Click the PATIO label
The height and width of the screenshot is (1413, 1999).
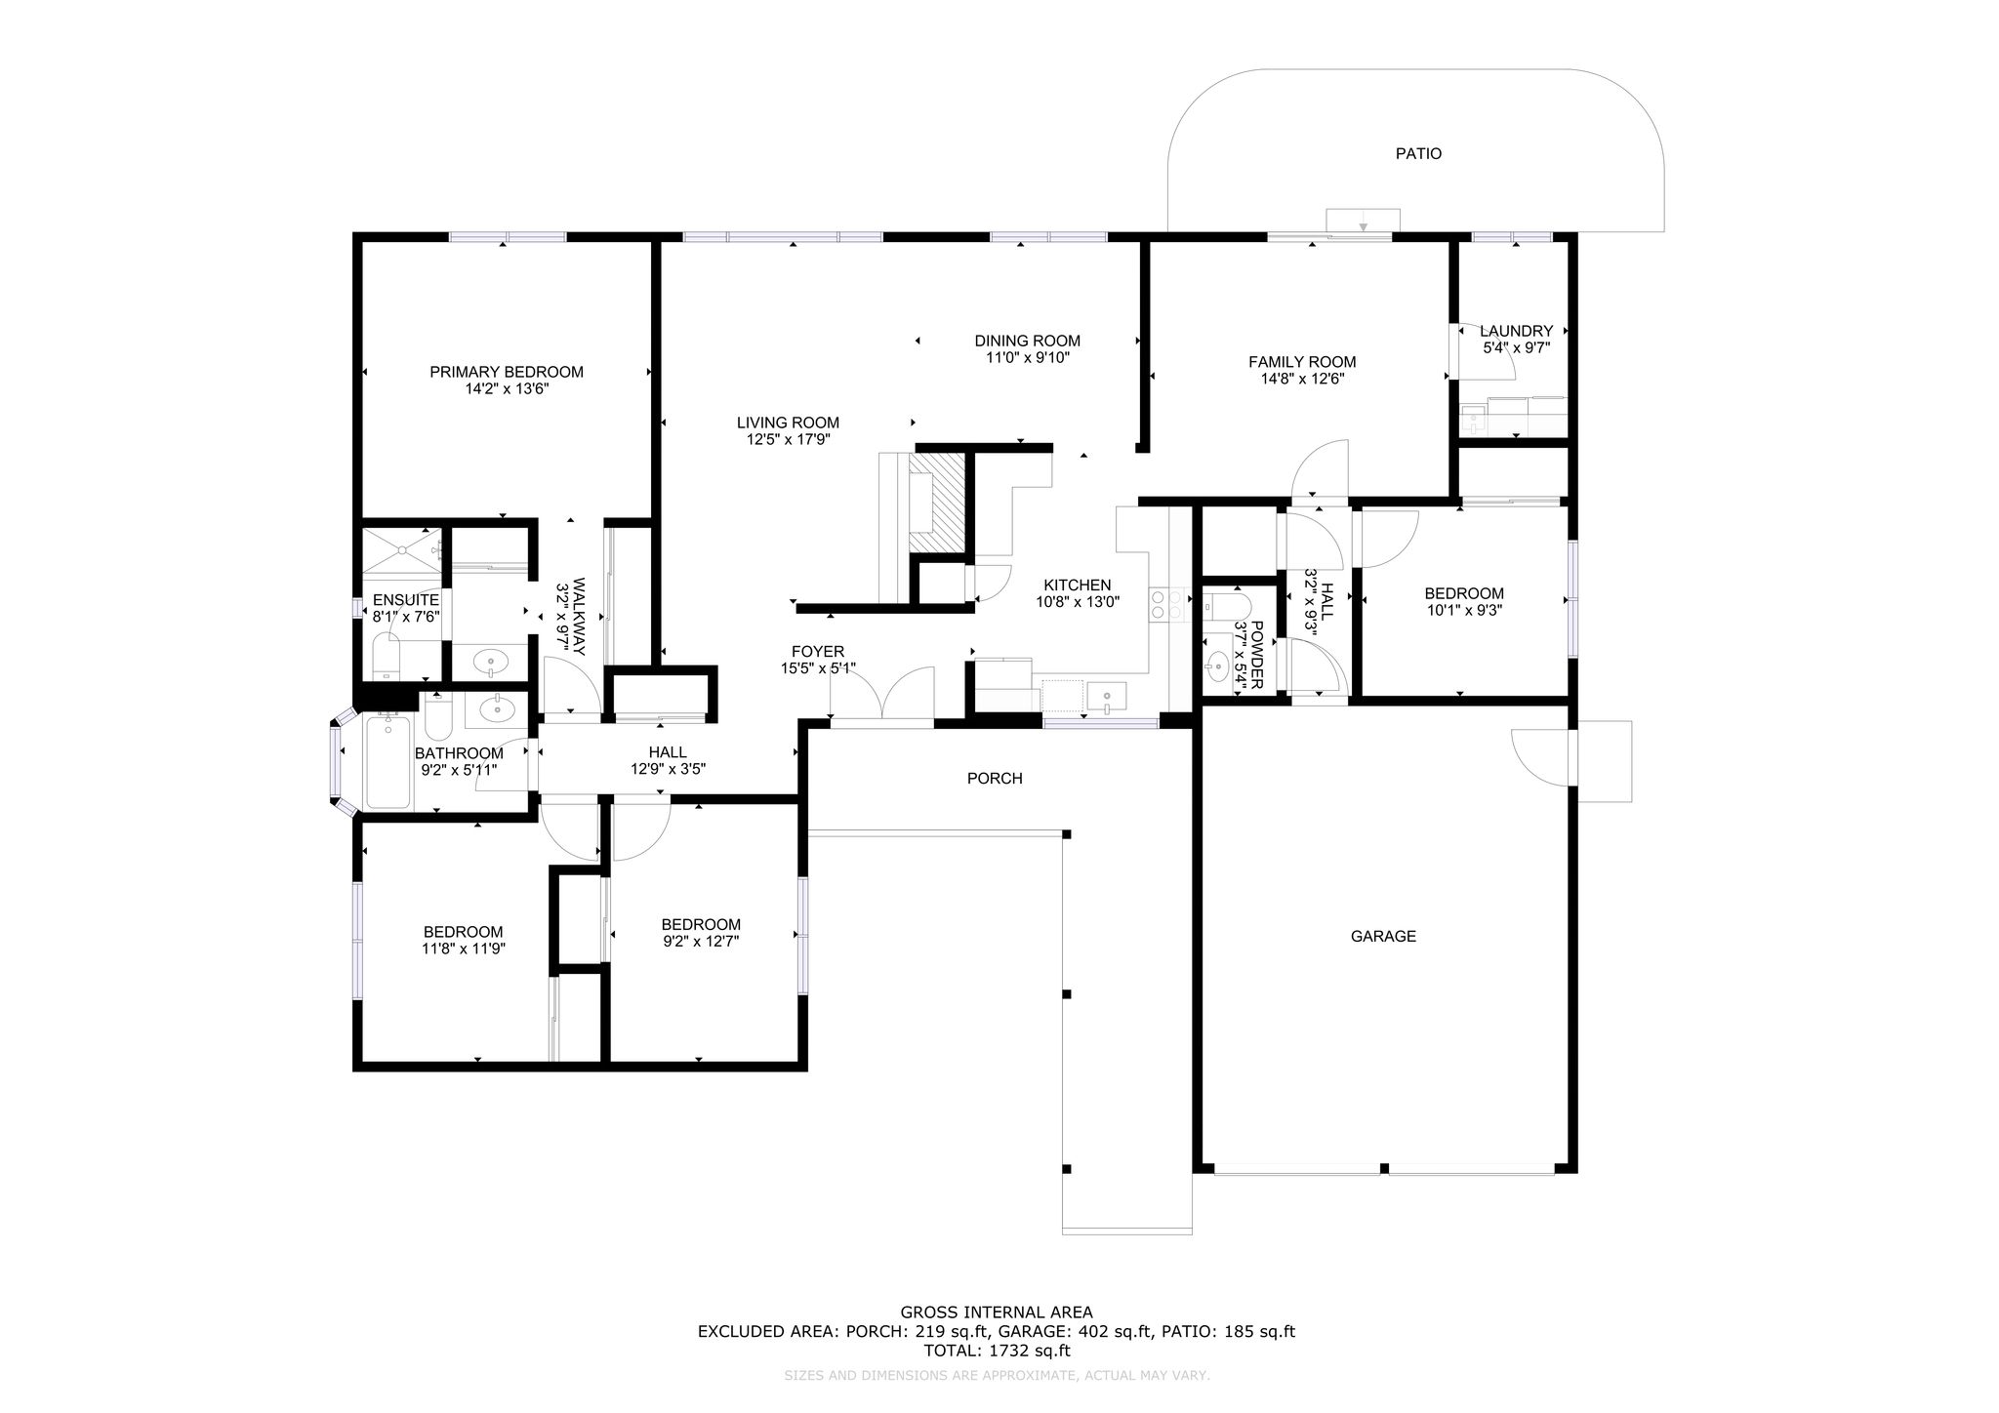[1418, 153]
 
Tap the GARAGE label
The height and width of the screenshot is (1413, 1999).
[1383, 937]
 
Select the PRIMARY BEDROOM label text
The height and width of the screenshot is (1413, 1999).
[507, 372]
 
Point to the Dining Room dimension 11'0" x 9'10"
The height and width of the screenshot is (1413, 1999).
[1027, 358]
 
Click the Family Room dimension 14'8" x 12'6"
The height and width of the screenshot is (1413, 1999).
[1302, 380]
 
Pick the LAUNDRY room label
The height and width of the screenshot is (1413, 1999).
[1516, 331]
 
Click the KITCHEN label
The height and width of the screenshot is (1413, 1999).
[1078, 585]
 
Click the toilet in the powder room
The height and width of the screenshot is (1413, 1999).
[1224, 606]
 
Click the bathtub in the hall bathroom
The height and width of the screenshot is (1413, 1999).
[388, 761]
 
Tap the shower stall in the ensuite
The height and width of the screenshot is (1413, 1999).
[401, 555]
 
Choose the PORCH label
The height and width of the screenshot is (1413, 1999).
[995, 779]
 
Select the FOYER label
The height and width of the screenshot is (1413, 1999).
[818, 652]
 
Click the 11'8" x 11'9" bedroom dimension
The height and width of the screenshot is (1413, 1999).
[464, 949]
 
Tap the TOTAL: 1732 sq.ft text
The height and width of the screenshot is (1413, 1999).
[997, 1352]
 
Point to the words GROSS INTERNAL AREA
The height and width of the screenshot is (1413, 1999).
[997, 1312]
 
